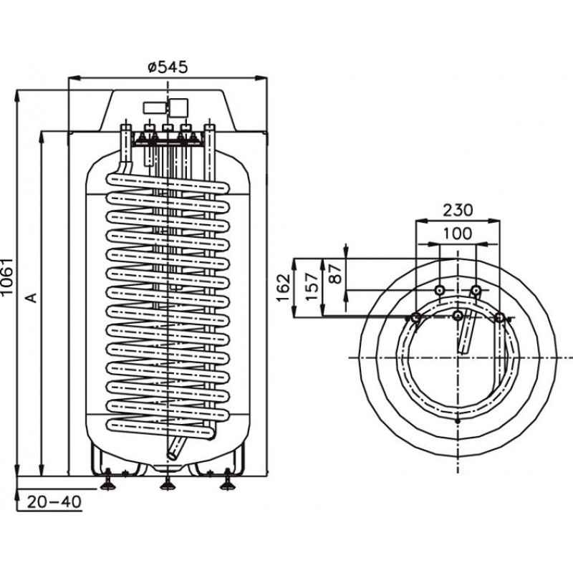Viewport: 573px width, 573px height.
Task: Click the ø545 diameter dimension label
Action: (x=168, y=67)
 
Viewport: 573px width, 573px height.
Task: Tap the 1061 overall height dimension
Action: (x=7, y=276)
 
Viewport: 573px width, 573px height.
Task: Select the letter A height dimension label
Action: (x=32, y=297)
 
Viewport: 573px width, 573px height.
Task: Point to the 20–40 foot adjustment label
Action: (x=54, y=502)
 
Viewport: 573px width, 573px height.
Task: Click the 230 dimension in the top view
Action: (x=458, y=210)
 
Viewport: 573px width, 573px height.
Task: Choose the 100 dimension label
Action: (x=458, y=233)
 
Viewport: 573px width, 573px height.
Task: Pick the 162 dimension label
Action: (x=284, y=287)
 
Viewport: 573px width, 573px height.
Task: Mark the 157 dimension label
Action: (x=312, y=287)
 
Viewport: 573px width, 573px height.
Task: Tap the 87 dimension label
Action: (x=335, y=274)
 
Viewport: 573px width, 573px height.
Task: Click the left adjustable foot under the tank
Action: (x=108, y=481)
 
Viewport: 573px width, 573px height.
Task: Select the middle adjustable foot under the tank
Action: (x=168, y=482)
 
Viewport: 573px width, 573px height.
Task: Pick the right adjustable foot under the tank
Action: (x=227, y=481)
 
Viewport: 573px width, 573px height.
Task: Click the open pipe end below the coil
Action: (x=171, y=456)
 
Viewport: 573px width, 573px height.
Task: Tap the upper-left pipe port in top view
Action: (x=440, y=291)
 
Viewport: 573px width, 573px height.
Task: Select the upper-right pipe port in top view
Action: (x=476, y=291)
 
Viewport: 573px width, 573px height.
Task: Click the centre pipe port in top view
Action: (x=458, y=315)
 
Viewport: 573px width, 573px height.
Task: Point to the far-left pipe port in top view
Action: (x=415, y=318)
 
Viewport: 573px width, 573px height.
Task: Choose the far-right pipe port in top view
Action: (x=499, y=318)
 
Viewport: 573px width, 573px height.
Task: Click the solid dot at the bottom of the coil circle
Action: (x=458, y=421)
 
